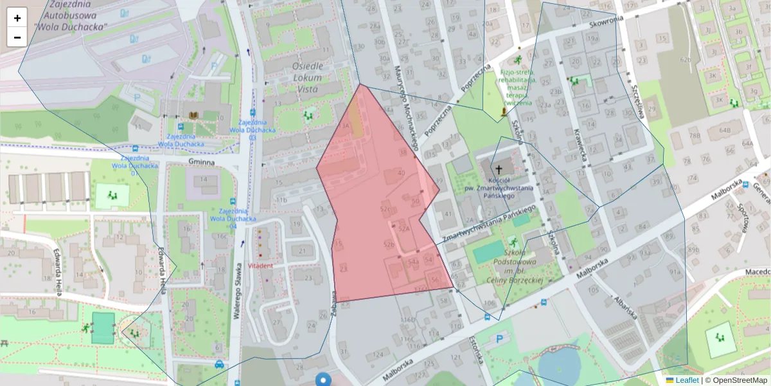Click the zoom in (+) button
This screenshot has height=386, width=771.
pyautogui.click(x=17, y=18)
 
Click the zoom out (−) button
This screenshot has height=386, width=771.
pyautogui.click(x=17, y=37)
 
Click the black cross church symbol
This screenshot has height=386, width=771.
pyautogui.click(x=499, y=169)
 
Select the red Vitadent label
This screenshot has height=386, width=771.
pyautogui.click(x=260, y=265)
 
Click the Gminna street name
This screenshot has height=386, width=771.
pyautogui.click(x=201, y=163)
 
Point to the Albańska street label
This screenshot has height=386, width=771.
pyautogui.click(x=625, y=308)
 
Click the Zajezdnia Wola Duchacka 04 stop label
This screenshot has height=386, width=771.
pyautogui.click(x=228, y=219)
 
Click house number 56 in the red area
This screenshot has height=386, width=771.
pyautogui.click(x=435, y=280)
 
